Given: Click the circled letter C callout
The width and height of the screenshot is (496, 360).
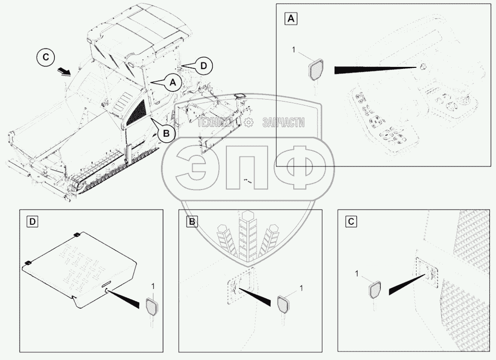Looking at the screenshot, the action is (46, 57).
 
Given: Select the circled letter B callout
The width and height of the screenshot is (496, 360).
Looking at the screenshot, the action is (165, 133).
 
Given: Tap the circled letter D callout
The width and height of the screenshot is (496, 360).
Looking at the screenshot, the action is (203, 65).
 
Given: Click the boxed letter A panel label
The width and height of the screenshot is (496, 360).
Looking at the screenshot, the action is (291, 19).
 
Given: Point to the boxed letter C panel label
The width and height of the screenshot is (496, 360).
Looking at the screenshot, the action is (352, 222).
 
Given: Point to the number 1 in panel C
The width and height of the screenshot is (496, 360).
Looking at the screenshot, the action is (357, 274).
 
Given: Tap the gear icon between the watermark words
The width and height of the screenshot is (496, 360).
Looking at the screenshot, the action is (251, 123).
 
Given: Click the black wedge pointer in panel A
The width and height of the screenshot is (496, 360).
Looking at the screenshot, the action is (372, 69).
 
